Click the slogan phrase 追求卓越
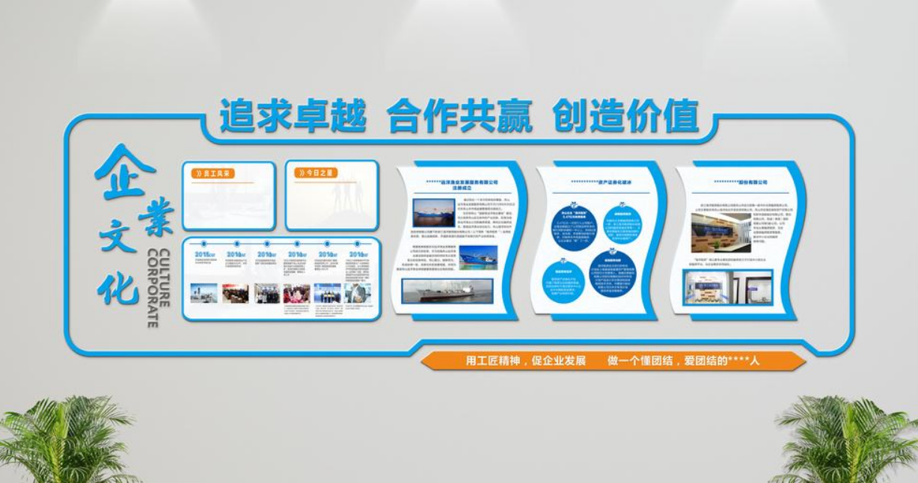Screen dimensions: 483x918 (293, 117)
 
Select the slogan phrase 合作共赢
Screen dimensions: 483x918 (459, 117)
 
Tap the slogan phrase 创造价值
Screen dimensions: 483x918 (625, 117)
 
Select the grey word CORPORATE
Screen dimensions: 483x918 (152, 287)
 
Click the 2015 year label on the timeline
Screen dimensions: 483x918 (204, 255)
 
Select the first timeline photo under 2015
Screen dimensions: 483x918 (204, 293)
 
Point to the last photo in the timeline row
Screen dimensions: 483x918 (358, 293)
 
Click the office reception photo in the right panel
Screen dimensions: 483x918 (728, 287)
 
